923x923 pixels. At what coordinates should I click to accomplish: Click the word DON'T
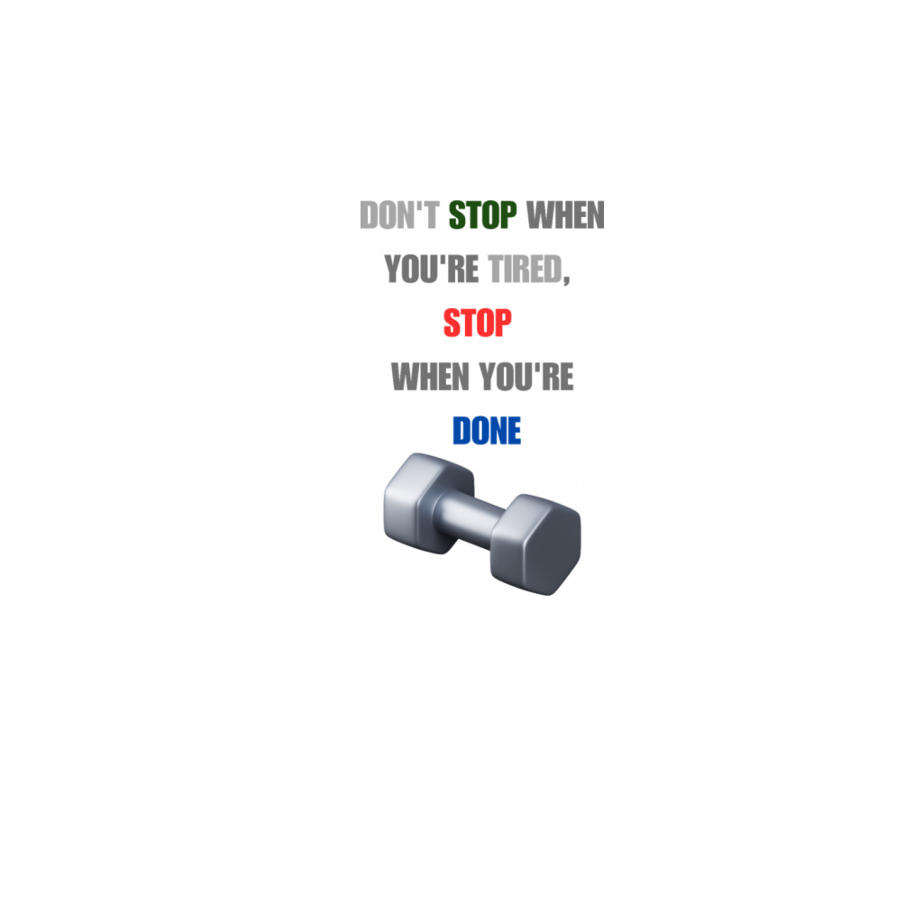point(402,216)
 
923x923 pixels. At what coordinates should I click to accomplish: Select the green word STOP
point(483,216)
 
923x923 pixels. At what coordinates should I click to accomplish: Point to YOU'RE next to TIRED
point(427,269)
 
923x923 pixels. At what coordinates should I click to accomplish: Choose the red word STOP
point(478,323)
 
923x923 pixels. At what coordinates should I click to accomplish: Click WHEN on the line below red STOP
point(427,378)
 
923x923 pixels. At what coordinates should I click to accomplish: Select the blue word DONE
point(488,432)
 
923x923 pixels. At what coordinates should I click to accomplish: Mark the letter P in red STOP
point(503,323)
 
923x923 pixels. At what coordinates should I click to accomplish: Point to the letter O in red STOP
point(485,323)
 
